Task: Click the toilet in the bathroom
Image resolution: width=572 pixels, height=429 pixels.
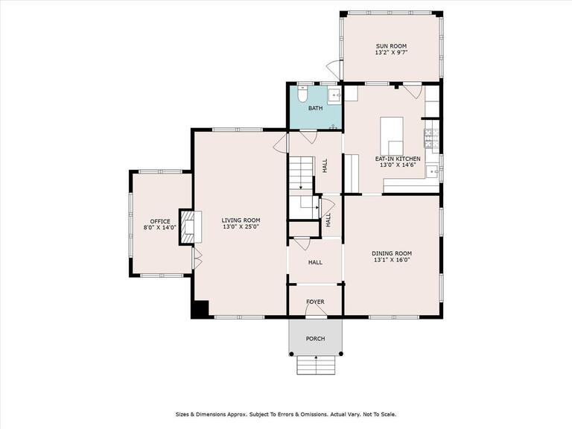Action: pyautogui.click(x=302, y=95)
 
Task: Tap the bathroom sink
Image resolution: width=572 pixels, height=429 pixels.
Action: pyautogui.click(x=334, y=95)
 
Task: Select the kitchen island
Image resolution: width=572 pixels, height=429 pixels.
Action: pyautogui.click(x=392, y=134)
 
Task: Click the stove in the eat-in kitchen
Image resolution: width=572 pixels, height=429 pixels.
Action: pyautogui.click(x=431, y=136)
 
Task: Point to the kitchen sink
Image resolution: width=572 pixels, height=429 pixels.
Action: pyautogui.click(x=432, y=171)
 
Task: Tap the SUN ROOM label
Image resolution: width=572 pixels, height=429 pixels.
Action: pyautogui.click(x=391, y=46)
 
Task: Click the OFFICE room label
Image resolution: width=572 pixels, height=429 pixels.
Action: pyautogui.click(x=160, y=221)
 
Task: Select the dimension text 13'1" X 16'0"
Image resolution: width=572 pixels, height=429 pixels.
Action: pyautogui.click(x=392, y=261)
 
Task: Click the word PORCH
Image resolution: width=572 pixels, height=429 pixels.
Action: pyautogui.click(x=316, y=338)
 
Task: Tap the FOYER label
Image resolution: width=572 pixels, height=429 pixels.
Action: pyautogui.click(x=316, y=301)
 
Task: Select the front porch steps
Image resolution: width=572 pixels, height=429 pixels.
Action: pyautogui.click(x=316, y=365)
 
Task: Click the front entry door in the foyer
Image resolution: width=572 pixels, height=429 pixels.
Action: pyautogui.click(x=316, y=313)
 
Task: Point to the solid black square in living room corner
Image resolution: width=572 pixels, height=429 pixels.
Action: pyautogui.click(x=200, y=309)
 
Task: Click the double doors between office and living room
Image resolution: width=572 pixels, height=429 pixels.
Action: pyautogui.click(x=196, y=258)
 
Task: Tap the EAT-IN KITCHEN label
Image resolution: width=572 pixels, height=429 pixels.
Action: pyautogui.click(x=398, y=159)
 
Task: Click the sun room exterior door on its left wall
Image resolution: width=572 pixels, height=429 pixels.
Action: pyautogui.click(x=334, y=69)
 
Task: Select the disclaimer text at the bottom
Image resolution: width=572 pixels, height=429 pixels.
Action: pyautogui.click(x=286, y=413)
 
